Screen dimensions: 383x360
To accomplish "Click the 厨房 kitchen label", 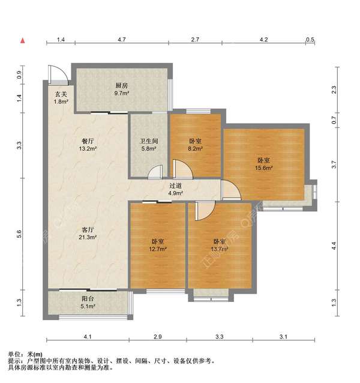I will pos(121,86).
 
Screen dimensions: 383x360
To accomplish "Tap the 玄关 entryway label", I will pos(61,94).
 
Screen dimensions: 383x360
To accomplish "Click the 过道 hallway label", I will pos(175,186).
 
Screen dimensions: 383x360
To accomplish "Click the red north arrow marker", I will pos(22,41).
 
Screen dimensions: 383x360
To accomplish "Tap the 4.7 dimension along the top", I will pos(121,39).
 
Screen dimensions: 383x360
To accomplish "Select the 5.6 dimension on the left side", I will pos(19,234).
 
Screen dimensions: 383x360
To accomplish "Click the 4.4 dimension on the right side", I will pos(334,245).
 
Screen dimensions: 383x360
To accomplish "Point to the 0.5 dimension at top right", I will pos(310,39).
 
